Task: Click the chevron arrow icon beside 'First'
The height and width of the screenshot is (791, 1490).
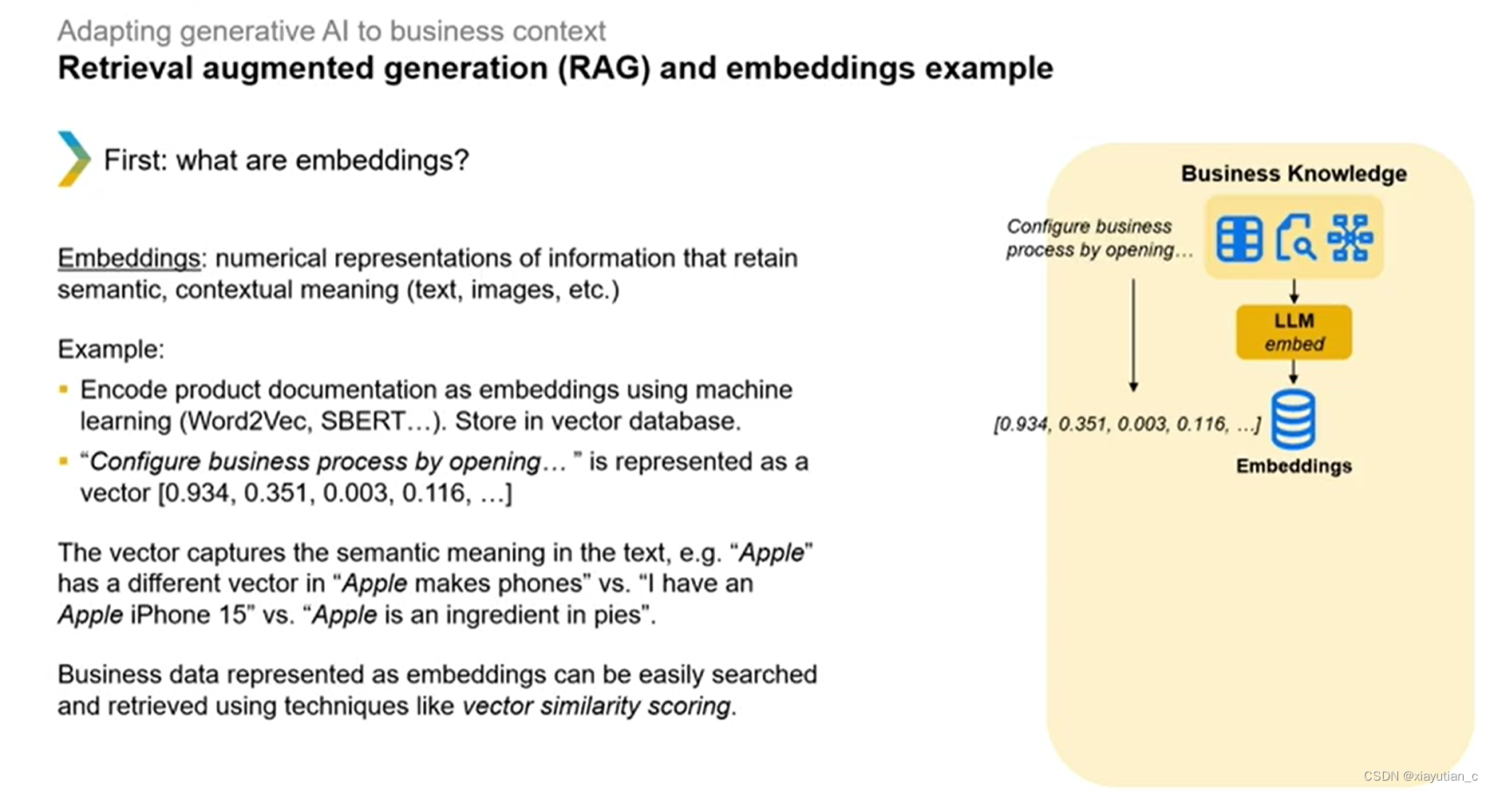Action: pyautogui.click(x=73, y=159)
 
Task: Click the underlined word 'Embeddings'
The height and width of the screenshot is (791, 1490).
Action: pyautogui.click(x=128, y=259)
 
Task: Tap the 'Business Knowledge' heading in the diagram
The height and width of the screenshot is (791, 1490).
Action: pyautogui.click(x=1293, y=174)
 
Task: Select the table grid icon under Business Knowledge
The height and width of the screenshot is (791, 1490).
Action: pyautogui.click(x=1239, y=239)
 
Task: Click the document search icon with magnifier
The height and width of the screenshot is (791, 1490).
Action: pyautogui.click(x=1294, y=238)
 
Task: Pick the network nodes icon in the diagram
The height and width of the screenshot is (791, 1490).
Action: pyautogui.click(x=1349, y=238)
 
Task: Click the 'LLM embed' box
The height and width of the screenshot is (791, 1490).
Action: pyautogui.click(x=1293, y=332)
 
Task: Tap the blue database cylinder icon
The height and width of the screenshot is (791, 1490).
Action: pyautogui.click(x=1293, y=419)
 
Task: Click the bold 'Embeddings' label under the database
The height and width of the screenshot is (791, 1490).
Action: pyautogui.click(x=1293, y=466)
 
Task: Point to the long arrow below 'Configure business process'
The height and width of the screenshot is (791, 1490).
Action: pyautogui.click(x=1133, y=335)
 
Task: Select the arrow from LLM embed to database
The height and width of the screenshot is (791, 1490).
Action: pyautogui.click(x=1294, y=372)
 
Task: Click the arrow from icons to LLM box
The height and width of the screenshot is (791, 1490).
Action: pyautogui.click(x=1294, y=291)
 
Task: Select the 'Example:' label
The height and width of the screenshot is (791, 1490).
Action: pyautogui.click(x=111, y=350)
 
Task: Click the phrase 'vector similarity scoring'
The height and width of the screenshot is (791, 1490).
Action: pyautogui.click(x=596, y=706)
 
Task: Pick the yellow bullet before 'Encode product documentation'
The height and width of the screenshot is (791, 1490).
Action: pyautogui.click(x=64, y=390)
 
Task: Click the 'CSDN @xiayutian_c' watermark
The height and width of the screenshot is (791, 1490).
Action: pyautogui.click(x=1420, y=776)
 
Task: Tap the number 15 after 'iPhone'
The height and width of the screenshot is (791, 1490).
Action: pyautogui.click(x=232, y=615)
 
